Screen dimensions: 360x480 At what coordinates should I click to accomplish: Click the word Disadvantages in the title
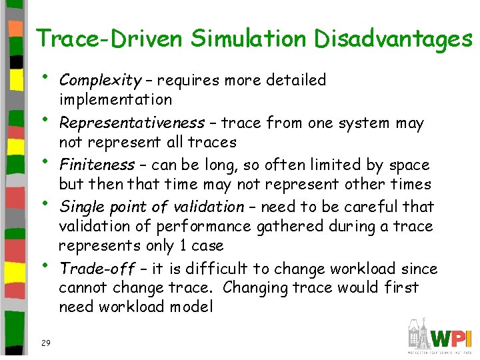[393, 39]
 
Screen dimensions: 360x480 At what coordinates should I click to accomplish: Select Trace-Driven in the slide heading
[109, 39]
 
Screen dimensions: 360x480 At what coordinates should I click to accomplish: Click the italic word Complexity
[99, 81]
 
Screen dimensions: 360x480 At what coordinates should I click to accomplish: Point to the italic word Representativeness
[131, 123]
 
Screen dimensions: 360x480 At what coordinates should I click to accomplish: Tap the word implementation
[115, 100]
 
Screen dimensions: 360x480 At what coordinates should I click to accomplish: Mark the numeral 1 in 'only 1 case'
[183, 246]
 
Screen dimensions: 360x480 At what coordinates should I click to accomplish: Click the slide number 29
[45, 343]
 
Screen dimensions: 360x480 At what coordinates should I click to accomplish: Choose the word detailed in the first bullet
[295, 81]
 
